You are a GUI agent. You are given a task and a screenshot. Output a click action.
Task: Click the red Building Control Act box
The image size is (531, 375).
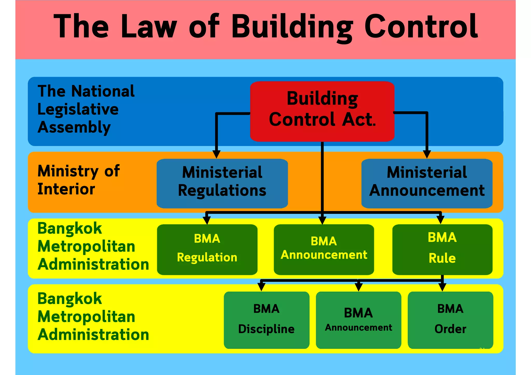pyautogui.click(x=322, y=111)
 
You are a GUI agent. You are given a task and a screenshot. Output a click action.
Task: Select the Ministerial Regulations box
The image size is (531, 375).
pyautogui.click(x=222, y=183)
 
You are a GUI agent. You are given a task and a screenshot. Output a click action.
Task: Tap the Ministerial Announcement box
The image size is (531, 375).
pyautogui.click(x=427, y=183)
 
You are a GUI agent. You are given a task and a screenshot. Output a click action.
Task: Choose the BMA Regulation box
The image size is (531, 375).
pyautogui.click(x=207, y=249)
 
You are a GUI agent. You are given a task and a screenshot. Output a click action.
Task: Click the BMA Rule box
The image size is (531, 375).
pyautogui.click(x=442, y=249)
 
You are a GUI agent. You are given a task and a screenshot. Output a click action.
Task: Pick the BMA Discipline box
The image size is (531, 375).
pyautogui.click(x=266, y=320)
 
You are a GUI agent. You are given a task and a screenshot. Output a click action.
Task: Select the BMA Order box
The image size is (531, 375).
pyautogui.click(x=450, y=320)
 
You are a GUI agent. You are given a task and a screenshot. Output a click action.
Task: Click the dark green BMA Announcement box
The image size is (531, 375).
pyautogui.click(x=324, y=249)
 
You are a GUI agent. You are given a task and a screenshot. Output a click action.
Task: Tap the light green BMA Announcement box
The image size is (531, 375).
pyautogui.click(x=358, y=320)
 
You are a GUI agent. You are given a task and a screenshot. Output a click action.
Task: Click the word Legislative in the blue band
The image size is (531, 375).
pyautogui.click(x=78, y=109)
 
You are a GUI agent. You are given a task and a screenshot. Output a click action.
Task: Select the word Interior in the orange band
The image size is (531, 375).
pyautogui.click(x=66, y=189)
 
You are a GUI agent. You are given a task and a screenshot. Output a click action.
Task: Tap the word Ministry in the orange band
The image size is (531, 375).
pyautogui.click(x=68, y=171)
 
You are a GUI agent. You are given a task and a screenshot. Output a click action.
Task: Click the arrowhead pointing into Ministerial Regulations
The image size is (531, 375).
pyautogui.click(x=216, y=154)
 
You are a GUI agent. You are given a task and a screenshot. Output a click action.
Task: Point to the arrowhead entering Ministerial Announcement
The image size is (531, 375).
pyautogui.click(x=427, y=154)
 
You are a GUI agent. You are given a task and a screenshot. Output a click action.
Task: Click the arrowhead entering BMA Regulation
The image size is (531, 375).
pyautogui.click(x=207, y=220)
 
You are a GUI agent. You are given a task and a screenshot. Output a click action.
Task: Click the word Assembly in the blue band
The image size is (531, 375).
pyautogui.click(x=74, y=127)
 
